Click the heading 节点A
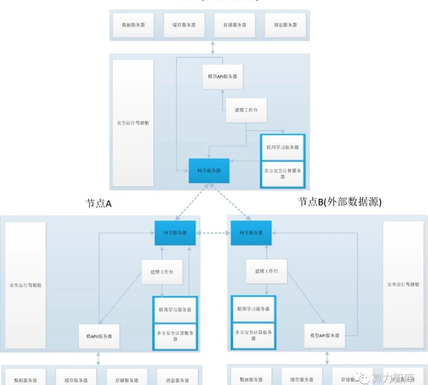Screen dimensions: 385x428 98,203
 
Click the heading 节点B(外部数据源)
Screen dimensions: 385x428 339,202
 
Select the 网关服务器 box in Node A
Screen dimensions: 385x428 175,233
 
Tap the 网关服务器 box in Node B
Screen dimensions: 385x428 251,233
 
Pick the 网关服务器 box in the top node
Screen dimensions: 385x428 209,171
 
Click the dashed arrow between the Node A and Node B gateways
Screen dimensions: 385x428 213,233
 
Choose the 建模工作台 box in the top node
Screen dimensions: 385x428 246,110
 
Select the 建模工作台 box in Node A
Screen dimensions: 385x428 162,272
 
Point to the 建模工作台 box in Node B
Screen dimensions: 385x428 266,272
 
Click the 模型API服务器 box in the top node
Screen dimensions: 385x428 222,77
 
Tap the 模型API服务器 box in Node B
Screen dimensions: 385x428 325,335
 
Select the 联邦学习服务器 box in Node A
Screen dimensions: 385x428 175,310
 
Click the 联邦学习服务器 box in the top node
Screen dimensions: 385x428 283,147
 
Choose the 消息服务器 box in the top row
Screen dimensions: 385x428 285,25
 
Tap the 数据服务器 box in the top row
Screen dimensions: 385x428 133,25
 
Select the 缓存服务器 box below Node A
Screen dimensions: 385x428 76,379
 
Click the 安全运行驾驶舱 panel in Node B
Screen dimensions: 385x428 403,285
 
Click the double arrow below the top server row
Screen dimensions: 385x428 213,47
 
